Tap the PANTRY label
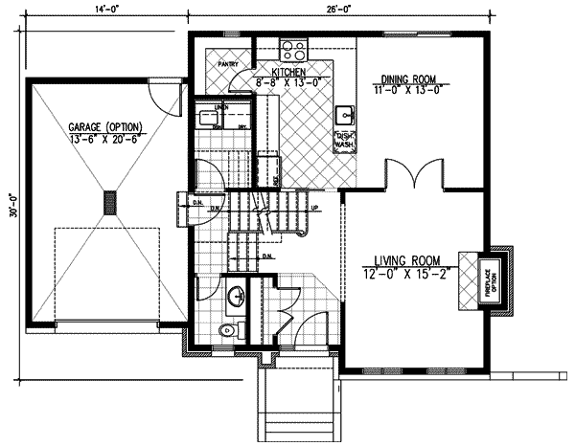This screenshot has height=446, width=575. (x=228, y=64)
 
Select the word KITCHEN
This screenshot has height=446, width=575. (x=288, y=73)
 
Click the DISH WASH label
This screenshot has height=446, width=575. (x=343, y=141)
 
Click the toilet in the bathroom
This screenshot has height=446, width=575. (x=226, y=330)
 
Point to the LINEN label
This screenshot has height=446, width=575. (x=221, y=107)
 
